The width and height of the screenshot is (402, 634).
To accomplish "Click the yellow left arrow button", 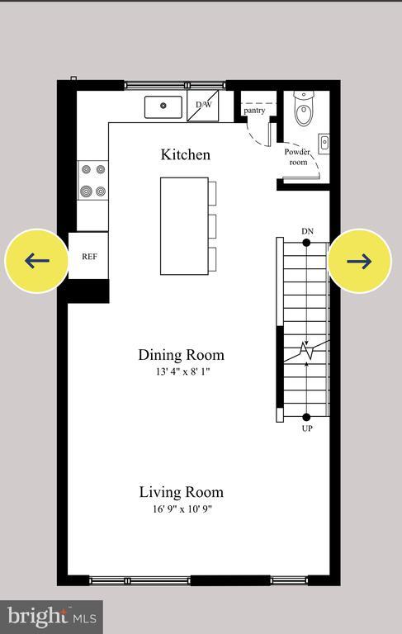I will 36,261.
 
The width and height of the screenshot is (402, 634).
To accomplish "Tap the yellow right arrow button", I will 359,261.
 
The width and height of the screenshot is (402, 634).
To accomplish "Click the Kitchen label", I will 185,154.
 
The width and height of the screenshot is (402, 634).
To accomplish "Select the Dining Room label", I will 181,355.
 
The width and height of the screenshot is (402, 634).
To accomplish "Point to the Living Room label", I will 181,492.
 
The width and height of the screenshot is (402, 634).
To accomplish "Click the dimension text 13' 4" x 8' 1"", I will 181,372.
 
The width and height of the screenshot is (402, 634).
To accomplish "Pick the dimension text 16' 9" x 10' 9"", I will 181,509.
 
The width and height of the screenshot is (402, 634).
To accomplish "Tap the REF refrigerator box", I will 89,257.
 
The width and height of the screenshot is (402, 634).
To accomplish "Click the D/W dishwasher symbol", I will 202,106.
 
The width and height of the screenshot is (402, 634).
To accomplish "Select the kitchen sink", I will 163,106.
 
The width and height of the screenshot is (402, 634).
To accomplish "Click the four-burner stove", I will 92,181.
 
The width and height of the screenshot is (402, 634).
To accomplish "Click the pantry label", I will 253,110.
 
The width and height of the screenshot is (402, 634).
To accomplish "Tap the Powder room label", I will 297,157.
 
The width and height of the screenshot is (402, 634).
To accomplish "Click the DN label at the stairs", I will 307,231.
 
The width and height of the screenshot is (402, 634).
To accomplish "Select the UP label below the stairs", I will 307,428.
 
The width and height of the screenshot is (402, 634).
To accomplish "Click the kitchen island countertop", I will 182,225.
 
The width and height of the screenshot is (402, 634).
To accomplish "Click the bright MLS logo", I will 50,617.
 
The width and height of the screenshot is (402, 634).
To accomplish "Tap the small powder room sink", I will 324,143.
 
